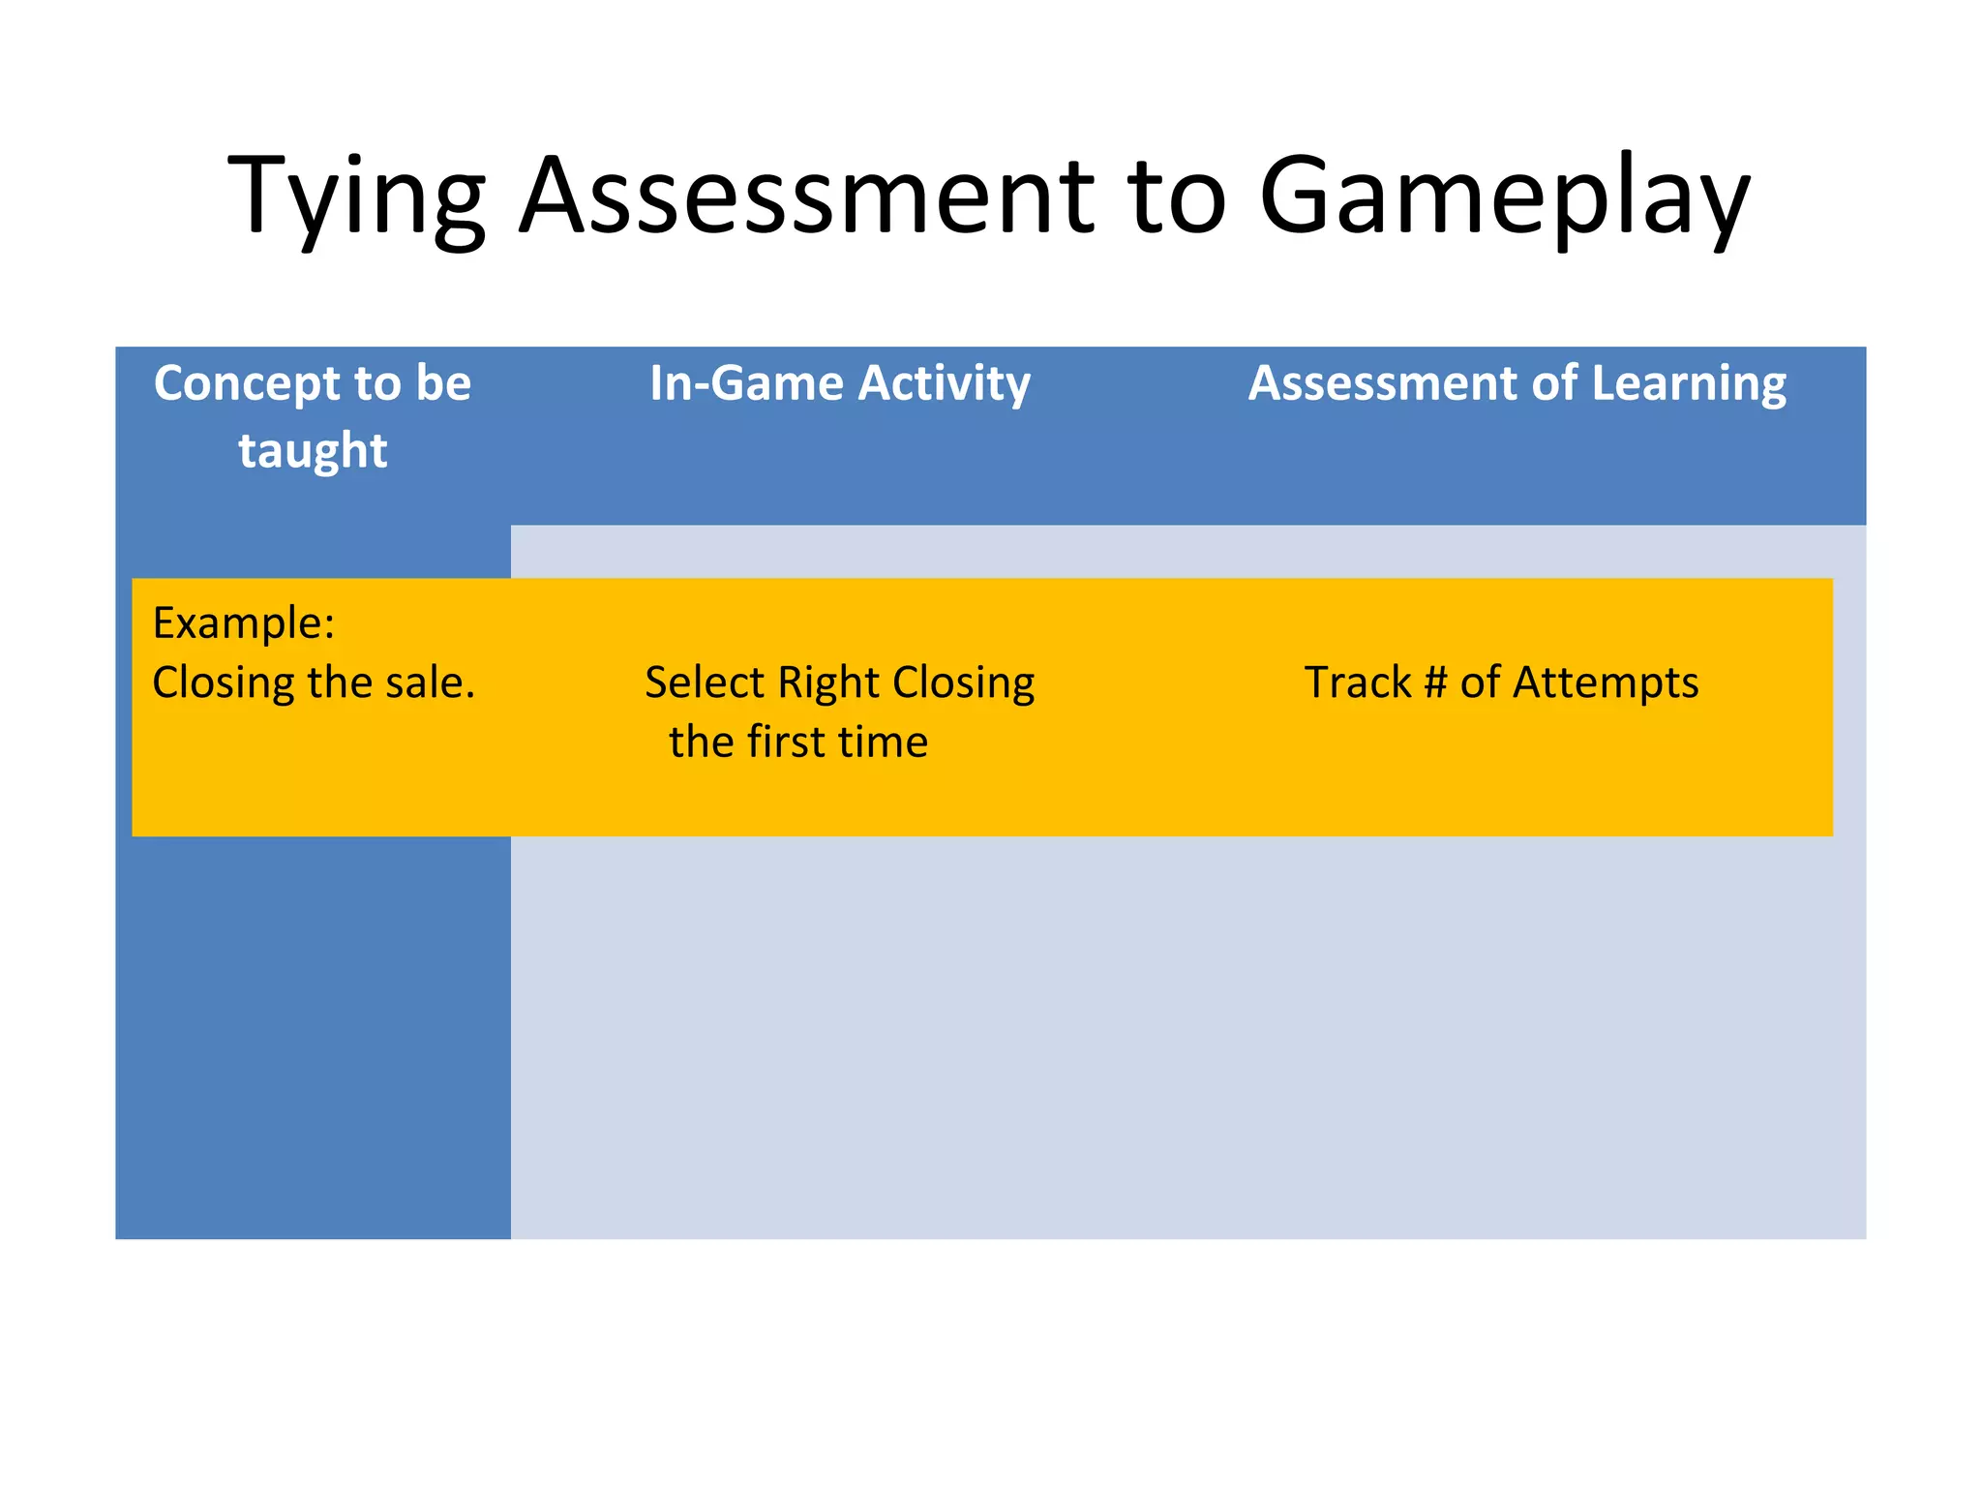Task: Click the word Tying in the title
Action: pyautogui.click(x=355, y=197)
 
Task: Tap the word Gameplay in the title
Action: pyautogui.click(x=1504, y=197)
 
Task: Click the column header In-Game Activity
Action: pyautogui.click(x=840, y=383)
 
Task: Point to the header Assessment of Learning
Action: pyautogui.click(x=1517, y=383)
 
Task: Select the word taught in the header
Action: pyautogui.click(x=313, y=451)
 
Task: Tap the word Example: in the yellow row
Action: pyautogui.click(x=244, y=622)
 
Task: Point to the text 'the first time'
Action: pyautogui.click(x=798, y=743)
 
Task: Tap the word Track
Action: pyautogui.click(x=1358, y=683)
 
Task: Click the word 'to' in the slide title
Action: pyautogui.click(x=1178, y=197)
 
